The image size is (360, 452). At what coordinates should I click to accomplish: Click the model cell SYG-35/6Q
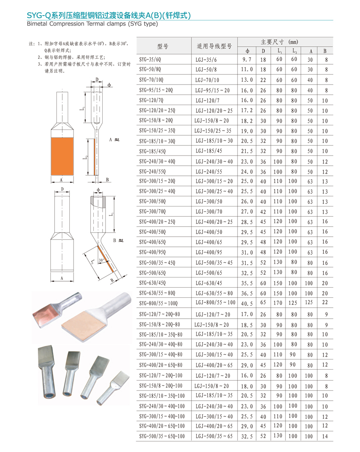coord(150,60)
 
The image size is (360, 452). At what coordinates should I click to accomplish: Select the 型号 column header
coord(163,46)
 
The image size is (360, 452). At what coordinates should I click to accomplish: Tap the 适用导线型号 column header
coord(214,46)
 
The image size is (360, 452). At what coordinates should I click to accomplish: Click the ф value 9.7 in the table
coord(247,60)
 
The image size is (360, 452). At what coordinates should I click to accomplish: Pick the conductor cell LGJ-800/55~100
coord(215,302)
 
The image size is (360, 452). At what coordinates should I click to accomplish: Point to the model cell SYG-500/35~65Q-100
coord(162,436)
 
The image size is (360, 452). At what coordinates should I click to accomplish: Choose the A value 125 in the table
coord(309,302)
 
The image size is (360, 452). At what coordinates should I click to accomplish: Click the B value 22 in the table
coord(325,302)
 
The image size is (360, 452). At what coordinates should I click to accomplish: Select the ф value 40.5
coord(247,304)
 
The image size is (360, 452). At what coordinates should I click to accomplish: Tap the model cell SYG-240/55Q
coord(153,172)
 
